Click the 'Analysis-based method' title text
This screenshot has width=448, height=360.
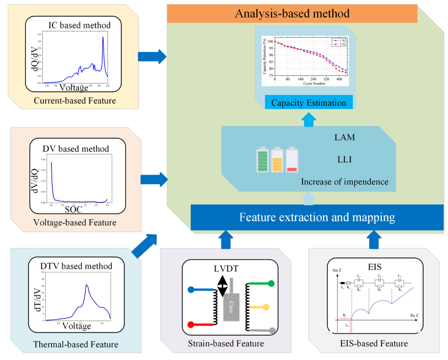coord(292,14)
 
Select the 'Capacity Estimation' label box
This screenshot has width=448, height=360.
coord(309,103)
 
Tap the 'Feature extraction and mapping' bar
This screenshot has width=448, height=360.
coord(317,217)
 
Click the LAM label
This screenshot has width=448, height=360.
coord(345,137)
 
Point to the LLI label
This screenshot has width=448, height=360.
coord(345,159)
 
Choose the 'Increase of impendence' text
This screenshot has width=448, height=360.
coord(345,182)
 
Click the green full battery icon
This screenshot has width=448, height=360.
coord(263,160)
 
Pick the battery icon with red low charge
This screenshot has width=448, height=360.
coord(292,160)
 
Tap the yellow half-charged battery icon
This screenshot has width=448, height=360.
coord(277,160)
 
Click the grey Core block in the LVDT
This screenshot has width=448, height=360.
coord(231,307)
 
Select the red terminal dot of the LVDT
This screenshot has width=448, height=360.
coord(191,324)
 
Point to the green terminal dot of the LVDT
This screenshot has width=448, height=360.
coord(271,284)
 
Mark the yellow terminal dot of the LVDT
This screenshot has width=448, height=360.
coord(266,307)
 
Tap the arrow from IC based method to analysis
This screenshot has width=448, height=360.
coord(152,57)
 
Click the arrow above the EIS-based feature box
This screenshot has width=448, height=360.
coord(374,239)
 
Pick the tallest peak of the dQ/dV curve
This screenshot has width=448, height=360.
coord(103,38)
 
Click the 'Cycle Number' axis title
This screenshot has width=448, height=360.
coord(314,84)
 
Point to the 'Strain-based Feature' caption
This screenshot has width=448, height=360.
coord(226,344)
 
